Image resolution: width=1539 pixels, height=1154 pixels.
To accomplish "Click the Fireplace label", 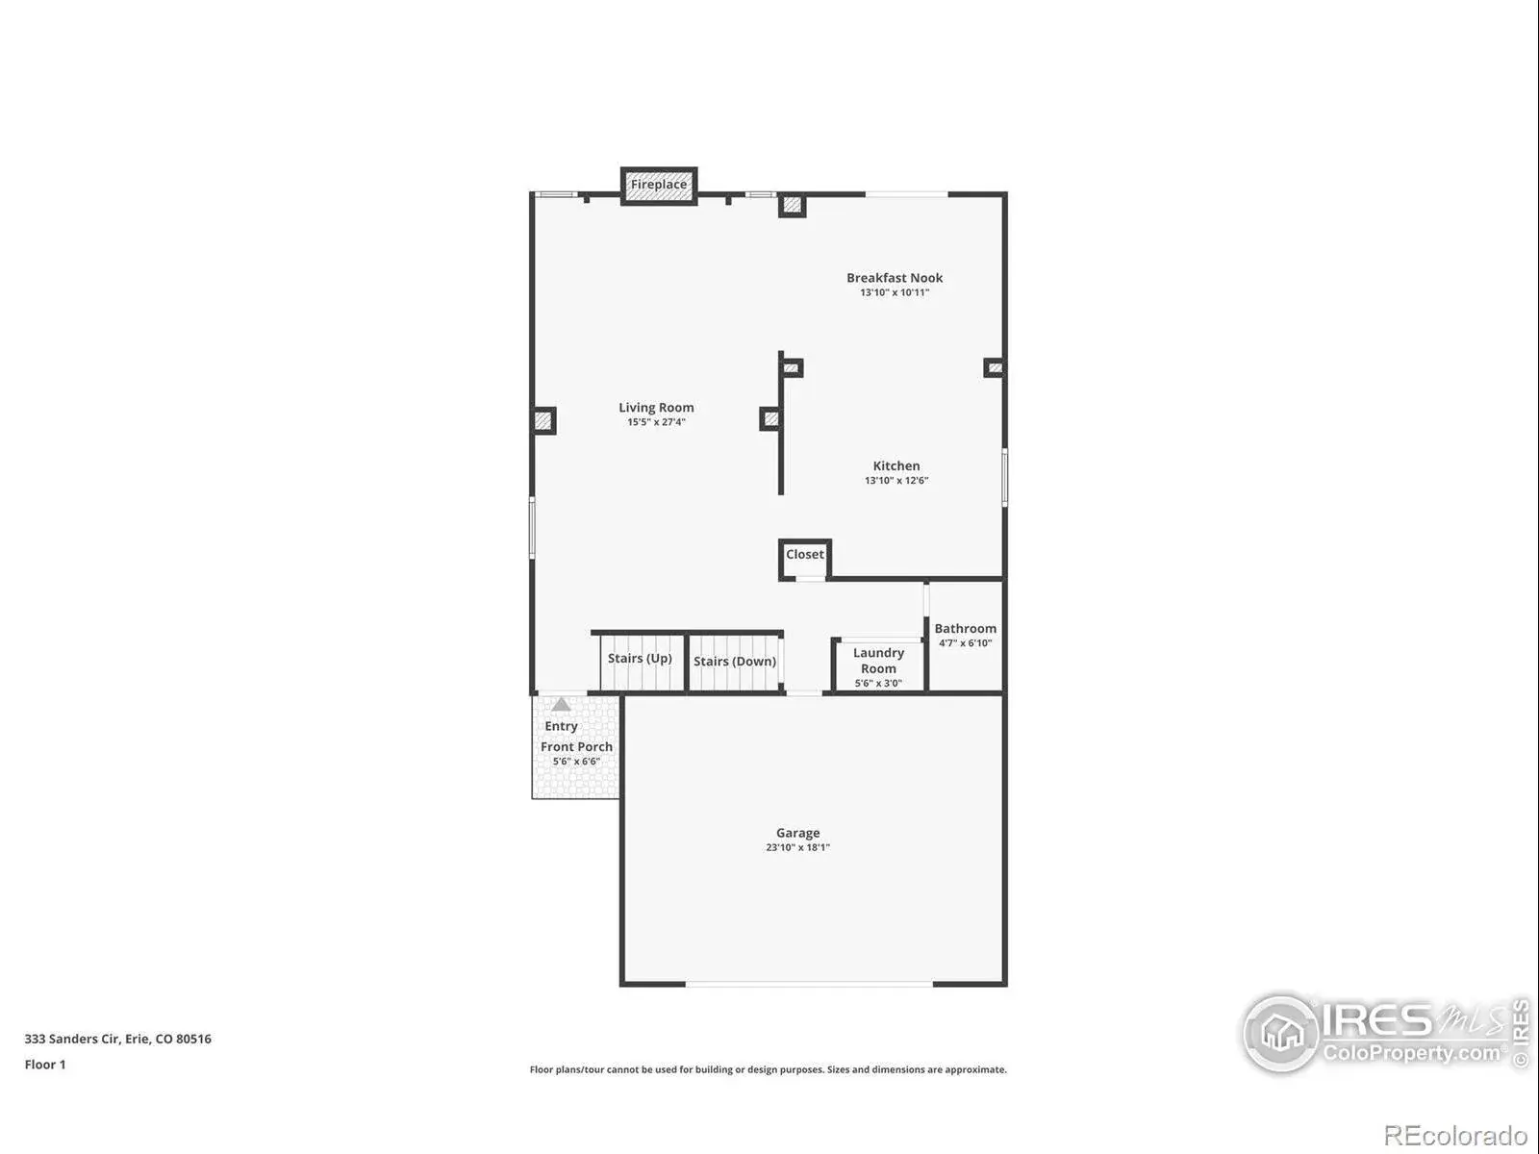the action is (658, 185).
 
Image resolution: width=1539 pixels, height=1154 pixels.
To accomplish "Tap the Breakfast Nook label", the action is (894, 278).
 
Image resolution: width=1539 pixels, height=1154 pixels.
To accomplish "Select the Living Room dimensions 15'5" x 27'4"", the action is (656, 422).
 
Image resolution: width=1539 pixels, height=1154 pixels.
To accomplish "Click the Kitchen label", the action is (896, 466).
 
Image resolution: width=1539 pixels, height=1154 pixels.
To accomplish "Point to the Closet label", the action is (804, 554).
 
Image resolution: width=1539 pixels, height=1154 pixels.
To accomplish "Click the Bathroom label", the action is (965, 629).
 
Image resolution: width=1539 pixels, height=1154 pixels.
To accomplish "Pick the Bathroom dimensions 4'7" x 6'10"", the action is (965, 643).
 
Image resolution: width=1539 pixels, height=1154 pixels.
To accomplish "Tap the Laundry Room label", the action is (878, 661).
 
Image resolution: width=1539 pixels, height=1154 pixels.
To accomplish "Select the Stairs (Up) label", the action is (640, 658).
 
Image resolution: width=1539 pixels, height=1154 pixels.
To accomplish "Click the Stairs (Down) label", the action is (735, 662).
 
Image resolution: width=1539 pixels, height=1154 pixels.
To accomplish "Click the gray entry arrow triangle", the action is (561, 704).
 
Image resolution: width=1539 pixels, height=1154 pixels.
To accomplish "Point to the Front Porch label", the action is (576, 747).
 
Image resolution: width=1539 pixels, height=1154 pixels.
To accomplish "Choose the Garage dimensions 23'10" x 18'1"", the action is (797, 847).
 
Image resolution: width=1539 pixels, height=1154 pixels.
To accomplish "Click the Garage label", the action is (798, 833).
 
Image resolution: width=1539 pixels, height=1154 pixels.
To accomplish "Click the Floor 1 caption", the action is (45, 1065).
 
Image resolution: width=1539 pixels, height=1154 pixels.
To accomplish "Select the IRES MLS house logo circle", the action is (1282, 1033).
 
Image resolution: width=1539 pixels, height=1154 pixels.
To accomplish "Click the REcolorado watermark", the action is (1455, 1135).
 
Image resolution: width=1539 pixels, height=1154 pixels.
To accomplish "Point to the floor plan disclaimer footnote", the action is (768, 1070).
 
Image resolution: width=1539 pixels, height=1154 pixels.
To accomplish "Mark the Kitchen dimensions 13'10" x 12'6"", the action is (896, 481).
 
